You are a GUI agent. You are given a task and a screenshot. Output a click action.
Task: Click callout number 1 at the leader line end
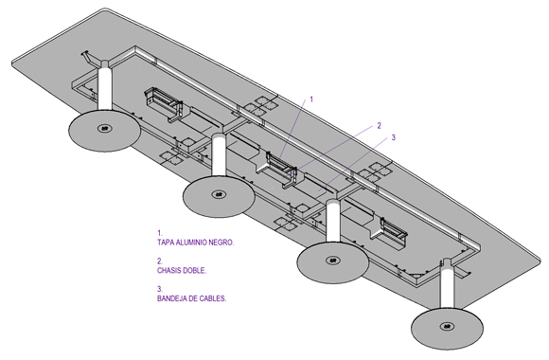[x=311, y=99]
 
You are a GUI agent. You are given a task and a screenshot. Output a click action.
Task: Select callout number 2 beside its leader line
[x=379, y=125]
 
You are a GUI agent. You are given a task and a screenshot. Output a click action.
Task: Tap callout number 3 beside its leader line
[x=393, y=137]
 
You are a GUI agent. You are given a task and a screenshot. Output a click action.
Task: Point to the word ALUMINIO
[x=191, y=243]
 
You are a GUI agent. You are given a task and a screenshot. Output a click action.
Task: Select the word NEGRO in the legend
[x=221, y=243]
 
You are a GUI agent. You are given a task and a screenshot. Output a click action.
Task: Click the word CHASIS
[x=169, y=271]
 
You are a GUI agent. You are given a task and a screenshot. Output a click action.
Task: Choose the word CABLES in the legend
[x=213, y=298]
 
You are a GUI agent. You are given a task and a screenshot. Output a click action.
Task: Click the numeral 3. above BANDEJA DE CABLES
[x=160, y=289]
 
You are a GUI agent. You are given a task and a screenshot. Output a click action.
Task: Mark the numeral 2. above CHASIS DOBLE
[x=160, y=261]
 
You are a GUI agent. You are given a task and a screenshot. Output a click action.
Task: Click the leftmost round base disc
[x=104, y=131]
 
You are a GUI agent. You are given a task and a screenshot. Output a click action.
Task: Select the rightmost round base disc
[x=447, y=328]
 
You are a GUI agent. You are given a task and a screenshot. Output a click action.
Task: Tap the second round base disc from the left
[x=219, y=196]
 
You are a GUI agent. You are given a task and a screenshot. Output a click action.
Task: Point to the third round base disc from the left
[x=332, y=262]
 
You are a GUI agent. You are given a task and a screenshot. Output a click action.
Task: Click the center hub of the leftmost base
[x=104, y=128]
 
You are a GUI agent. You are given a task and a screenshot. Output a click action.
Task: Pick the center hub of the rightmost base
[x=447, y=326]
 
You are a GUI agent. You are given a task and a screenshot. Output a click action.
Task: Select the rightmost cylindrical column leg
[x=448, y=284]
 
